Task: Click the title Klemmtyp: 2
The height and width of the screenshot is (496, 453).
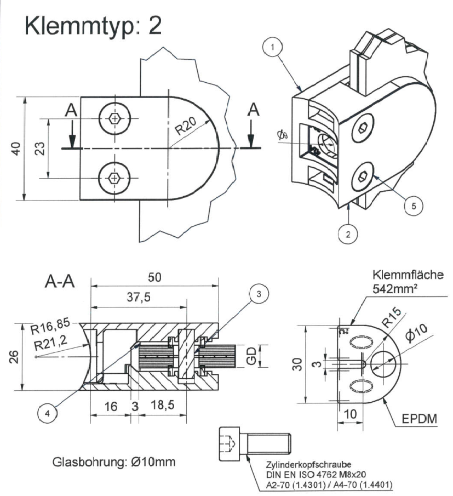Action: (93, 25)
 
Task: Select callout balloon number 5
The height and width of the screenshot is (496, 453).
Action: (414, 205)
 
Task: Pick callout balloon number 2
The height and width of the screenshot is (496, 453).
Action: (347, 235)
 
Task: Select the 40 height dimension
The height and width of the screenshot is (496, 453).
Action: (16, 149)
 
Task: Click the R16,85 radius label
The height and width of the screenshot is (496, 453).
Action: (53, 330)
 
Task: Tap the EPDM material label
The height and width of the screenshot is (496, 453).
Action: (420, 419)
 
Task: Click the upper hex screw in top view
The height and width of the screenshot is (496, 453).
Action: (114, 118)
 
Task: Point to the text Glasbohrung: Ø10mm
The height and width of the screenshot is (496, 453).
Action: (114, 461)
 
